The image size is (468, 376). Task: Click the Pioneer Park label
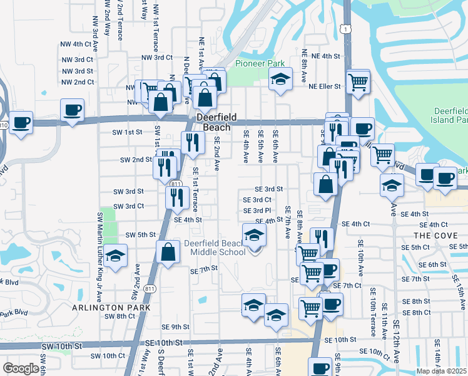pos(260,63)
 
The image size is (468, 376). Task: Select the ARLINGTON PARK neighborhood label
pos(111,308)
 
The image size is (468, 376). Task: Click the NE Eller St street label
pos(323,86)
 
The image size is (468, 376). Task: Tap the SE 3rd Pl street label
pos(257,211)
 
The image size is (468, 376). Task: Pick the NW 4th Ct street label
pos(77,44)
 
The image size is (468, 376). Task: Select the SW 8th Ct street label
pos(120,316)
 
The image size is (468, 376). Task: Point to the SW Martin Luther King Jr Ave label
pos(99,245)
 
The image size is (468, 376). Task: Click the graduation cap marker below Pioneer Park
pos(280,80)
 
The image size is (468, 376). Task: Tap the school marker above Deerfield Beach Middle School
pos(255,236)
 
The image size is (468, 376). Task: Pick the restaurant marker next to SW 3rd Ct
pos(177,197)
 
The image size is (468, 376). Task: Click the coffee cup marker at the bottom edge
pos(320,368)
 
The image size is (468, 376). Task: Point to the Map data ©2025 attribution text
pos(441,371)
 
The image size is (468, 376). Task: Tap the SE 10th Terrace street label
pos(374,308)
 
